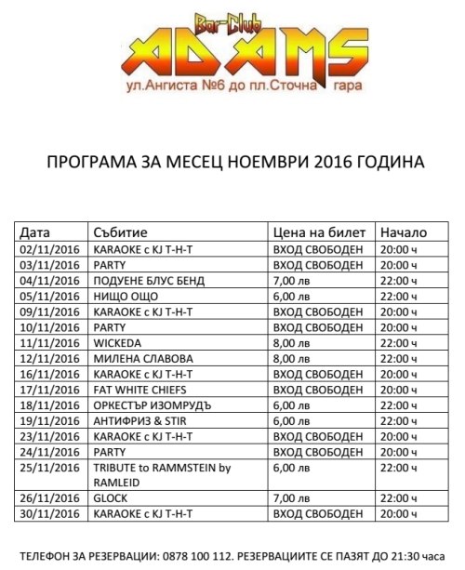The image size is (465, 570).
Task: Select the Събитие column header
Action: [x=122, y=232]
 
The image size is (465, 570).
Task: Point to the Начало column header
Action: [x=404, y=232]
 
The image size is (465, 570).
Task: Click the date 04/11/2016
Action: [x=49, y=280]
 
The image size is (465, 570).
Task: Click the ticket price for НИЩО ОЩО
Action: [x=289, y=296]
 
